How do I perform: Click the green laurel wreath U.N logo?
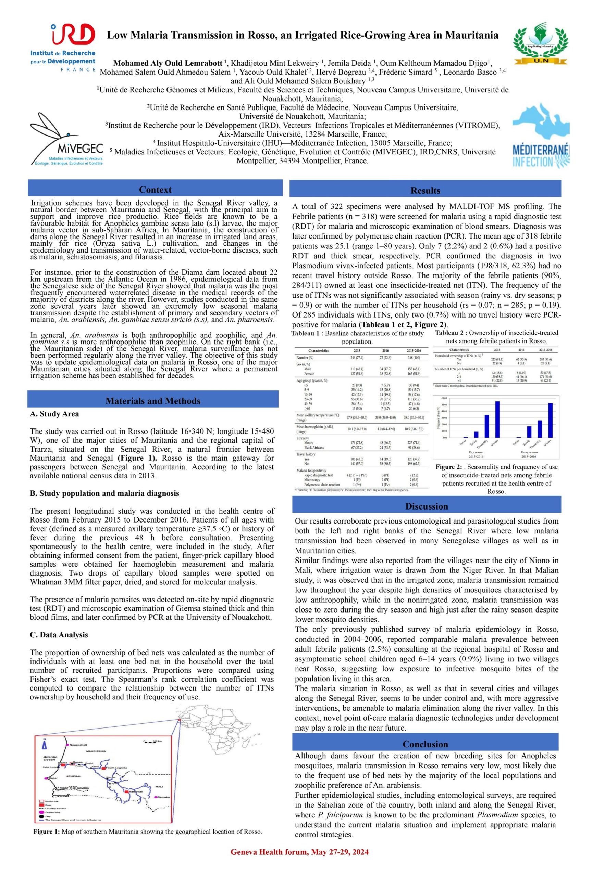pyautogui.click(x=541, y=42)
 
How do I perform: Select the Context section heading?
pyautogui.click(x=155, y=190)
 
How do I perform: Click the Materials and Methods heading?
pyautogui.click(x=153, y=401)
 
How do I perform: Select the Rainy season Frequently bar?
pyautogui.click(x=540, y=428)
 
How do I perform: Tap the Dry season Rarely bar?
pyautogui.click(x=476, y=434)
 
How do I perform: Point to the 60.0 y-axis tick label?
pyautogui.click(x=444, y=398)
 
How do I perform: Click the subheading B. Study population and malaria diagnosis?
pyautogui.click(x=104, y=493)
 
